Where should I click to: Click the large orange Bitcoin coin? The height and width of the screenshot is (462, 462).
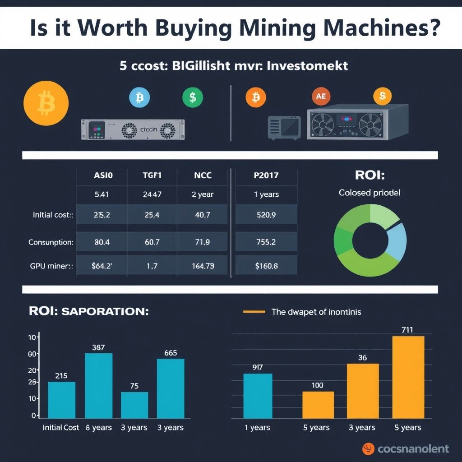(x=46, y=104)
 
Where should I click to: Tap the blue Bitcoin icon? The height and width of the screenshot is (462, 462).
(x=139, y=97)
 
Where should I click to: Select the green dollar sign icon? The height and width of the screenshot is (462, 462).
(x=193, y=97)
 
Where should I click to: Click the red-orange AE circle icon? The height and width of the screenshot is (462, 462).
(x=321, y=96)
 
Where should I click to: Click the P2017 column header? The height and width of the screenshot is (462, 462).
(x=266, y=175)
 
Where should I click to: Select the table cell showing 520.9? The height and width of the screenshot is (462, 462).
(x=266, y=215)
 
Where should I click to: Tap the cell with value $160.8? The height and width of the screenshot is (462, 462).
(x=266, y=266)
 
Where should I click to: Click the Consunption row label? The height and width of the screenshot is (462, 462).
(x=51, y=242)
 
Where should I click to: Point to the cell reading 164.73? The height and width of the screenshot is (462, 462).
(x=203, y=266)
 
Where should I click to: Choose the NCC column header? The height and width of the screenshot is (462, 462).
(x=203, y=175)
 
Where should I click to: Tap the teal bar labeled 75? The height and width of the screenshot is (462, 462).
(x=134, y=405)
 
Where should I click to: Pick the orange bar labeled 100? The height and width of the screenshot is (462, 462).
(x=318, y=405)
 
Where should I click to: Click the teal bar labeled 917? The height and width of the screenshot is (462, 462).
(x=258, y=396)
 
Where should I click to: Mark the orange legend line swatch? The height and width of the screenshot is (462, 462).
(x=254, y=312)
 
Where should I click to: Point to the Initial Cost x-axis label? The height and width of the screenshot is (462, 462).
(x=61, y=427)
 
